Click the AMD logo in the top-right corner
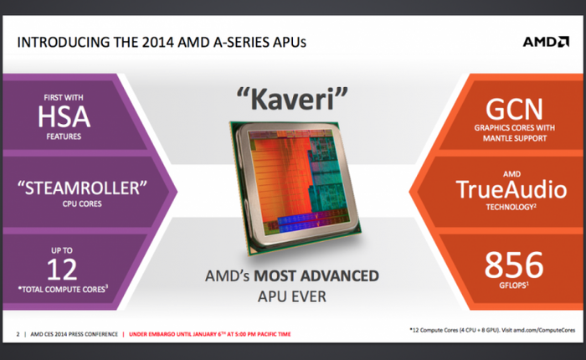click(x=545, y=42)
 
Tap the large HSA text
click(x=64, y=118)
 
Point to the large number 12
click(x=64, y=270)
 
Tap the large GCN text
click(x=514, y=110)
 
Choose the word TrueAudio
click(x=514, y=189)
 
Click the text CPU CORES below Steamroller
click(x=64, y=201)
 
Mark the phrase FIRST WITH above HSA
click(x=64, y=97)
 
